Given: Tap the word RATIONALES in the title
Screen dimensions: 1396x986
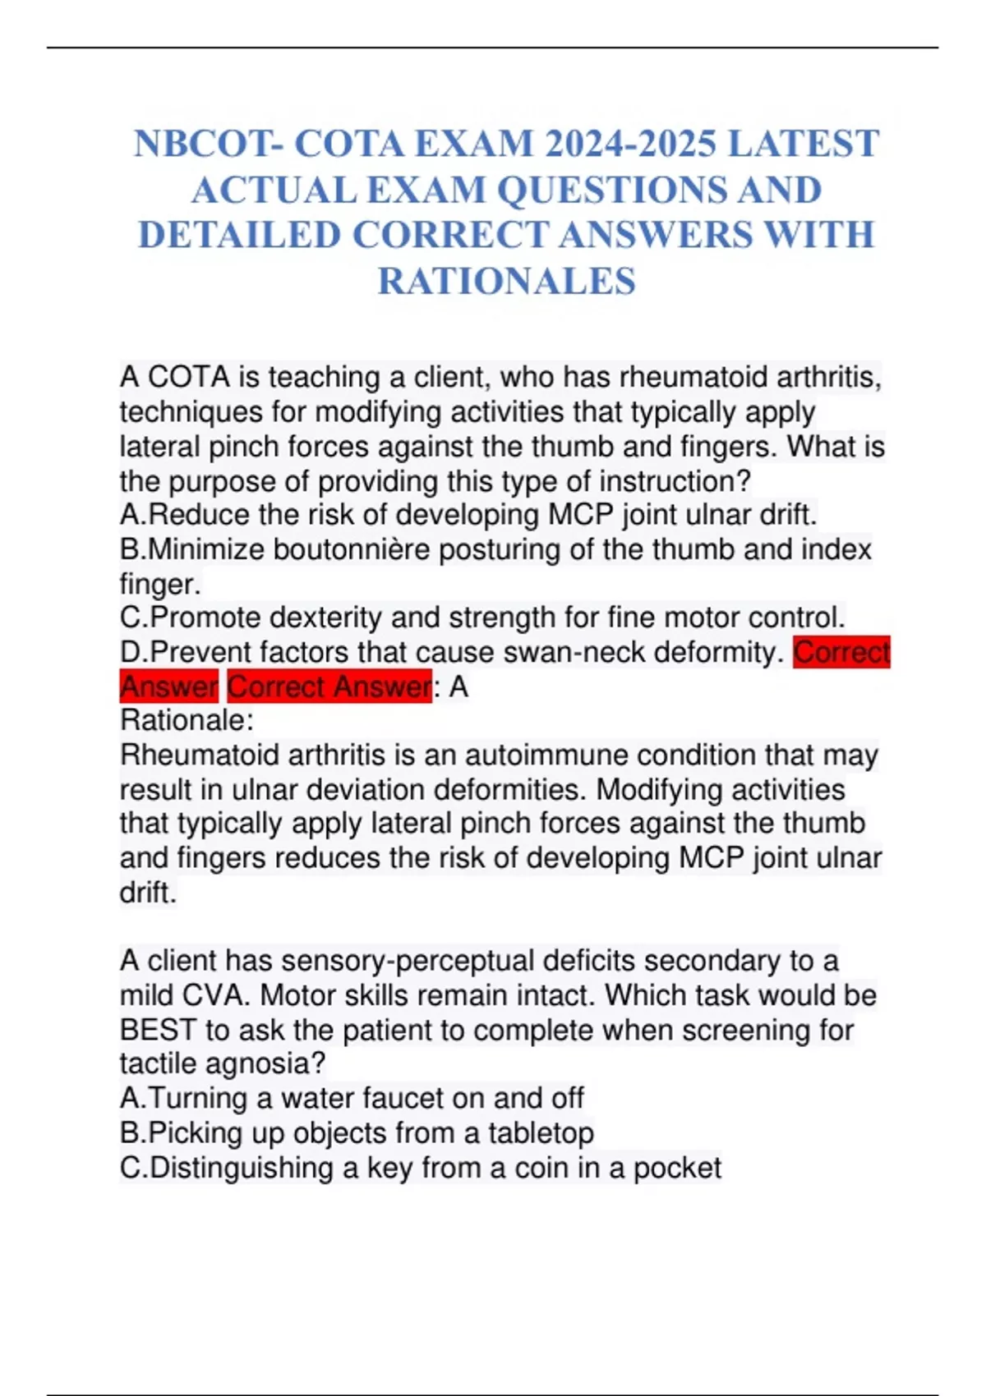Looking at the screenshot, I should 506,282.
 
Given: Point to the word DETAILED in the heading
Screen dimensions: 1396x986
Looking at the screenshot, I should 239,236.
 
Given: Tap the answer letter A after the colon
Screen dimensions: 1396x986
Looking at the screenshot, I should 458,687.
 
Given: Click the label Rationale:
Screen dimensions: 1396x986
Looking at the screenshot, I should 187,721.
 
